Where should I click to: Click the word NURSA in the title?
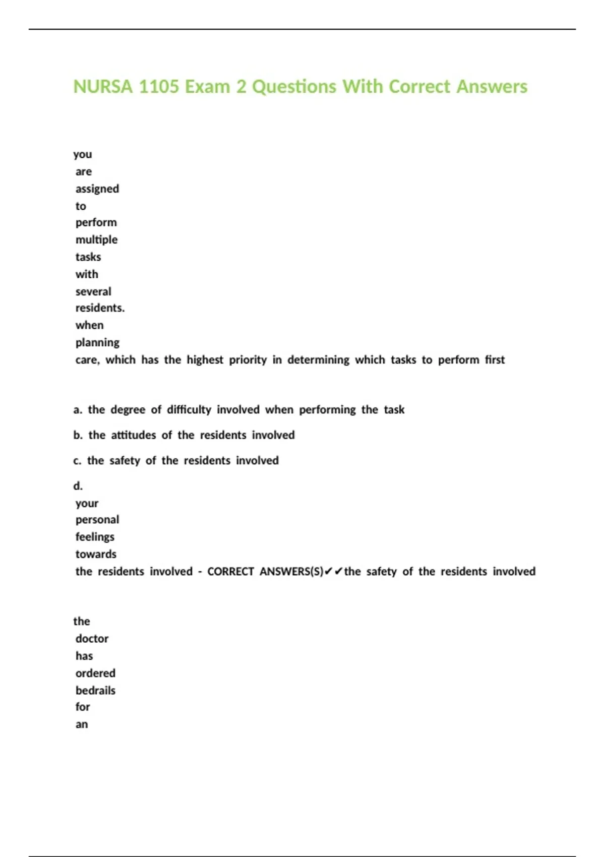tap(103, 87)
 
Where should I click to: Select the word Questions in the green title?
tap(294, 87)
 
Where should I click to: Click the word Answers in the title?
tap(492, 87)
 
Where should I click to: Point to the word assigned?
tap(97, 189)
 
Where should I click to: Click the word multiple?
tap(96, 239)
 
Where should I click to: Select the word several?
tap(93, 291)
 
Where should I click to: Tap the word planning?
tap(97, 342)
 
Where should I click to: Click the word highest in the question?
tap(205, 359)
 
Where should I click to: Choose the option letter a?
tap(77, 410)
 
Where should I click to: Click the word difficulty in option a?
tap(189, 409)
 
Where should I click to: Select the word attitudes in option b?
tap(133, 435)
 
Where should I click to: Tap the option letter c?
tap(77, 461)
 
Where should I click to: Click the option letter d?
tap(78, 486)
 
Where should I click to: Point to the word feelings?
tap(95, 537)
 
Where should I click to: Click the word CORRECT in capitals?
tap(230, 571)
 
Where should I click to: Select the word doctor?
tap(92, 639)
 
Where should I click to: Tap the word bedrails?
tap(95, 690)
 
